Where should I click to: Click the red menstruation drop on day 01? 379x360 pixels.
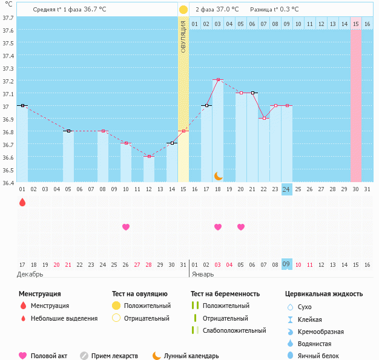pos(22,202)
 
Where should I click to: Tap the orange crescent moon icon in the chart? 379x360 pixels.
pos(219,175)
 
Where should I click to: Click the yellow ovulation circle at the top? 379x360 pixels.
pos(183,10)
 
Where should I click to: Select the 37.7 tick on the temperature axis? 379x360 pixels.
pos(8,18)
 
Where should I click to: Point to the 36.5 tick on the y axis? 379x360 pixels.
pos(8,170)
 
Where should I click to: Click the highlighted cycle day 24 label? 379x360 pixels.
pos(287,189)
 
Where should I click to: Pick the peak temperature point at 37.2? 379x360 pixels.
pos(218,80)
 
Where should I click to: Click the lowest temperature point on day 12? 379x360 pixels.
pos(149,157)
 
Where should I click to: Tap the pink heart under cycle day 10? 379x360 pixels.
pos(126,227)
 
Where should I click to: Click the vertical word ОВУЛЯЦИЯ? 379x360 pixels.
pos(183,36)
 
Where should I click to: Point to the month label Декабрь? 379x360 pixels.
pos(31,274)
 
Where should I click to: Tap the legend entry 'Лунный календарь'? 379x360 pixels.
pos(191,356)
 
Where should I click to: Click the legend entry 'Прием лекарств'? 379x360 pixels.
pos(114,356)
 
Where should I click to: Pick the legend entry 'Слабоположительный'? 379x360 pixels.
pos(234,330)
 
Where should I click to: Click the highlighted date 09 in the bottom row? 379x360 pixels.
pos(287,264)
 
